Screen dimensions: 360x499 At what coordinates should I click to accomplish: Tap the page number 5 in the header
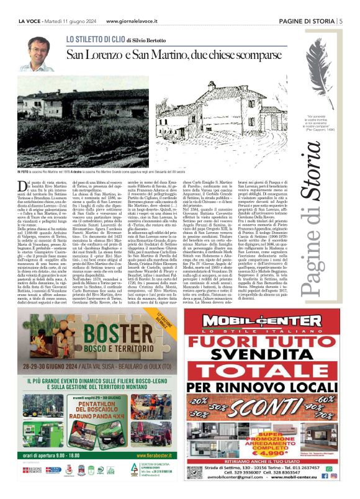pyautogui.click(x=341, y=21)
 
